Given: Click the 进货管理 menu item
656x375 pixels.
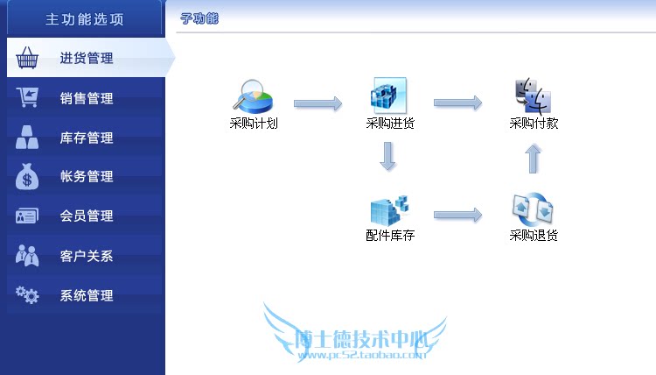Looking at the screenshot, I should click(87, 59).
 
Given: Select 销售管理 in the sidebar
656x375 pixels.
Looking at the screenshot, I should click(87, 98).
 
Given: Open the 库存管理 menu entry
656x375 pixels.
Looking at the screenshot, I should click(87, 138).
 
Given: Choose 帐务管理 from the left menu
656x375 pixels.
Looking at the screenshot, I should click(87, 176).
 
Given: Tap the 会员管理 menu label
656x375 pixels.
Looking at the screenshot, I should click(87, 216).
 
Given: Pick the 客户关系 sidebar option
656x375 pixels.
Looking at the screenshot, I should click(87, 256).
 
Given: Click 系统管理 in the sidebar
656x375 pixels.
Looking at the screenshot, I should click(87, 295).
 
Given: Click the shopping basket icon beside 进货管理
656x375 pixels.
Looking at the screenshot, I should click(28, 58).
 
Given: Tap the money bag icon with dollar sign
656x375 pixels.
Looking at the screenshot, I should click(28, 176).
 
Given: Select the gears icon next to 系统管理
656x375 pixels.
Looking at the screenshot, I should click(28, 295).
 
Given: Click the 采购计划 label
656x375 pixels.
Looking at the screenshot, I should click(254, 124).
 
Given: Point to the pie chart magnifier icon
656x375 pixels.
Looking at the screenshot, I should click(254, 96).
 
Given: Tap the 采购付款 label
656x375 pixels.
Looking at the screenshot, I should click(534, 124).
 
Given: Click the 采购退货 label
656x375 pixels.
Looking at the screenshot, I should click(534, 235).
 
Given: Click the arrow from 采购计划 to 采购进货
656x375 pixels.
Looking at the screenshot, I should click(318, 103).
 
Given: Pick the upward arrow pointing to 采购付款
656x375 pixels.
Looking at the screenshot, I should click(534, 159).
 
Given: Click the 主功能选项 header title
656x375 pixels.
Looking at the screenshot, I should click(84, 18).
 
